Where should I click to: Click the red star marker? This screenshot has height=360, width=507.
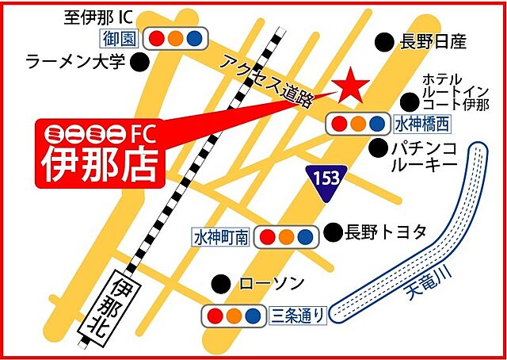pyautogui.click(x=349, y=86)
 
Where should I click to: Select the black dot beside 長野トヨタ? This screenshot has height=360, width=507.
pyautogui.click(x=333, y=232)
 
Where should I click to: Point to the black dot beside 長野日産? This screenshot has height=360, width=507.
pyautogui.click(x=384, y=41)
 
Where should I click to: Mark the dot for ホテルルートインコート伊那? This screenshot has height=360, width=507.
pyautogui.click(x=409, y=101)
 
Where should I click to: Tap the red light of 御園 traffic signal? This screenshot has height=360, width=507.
pyautogui.click(x=157, y=37)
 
